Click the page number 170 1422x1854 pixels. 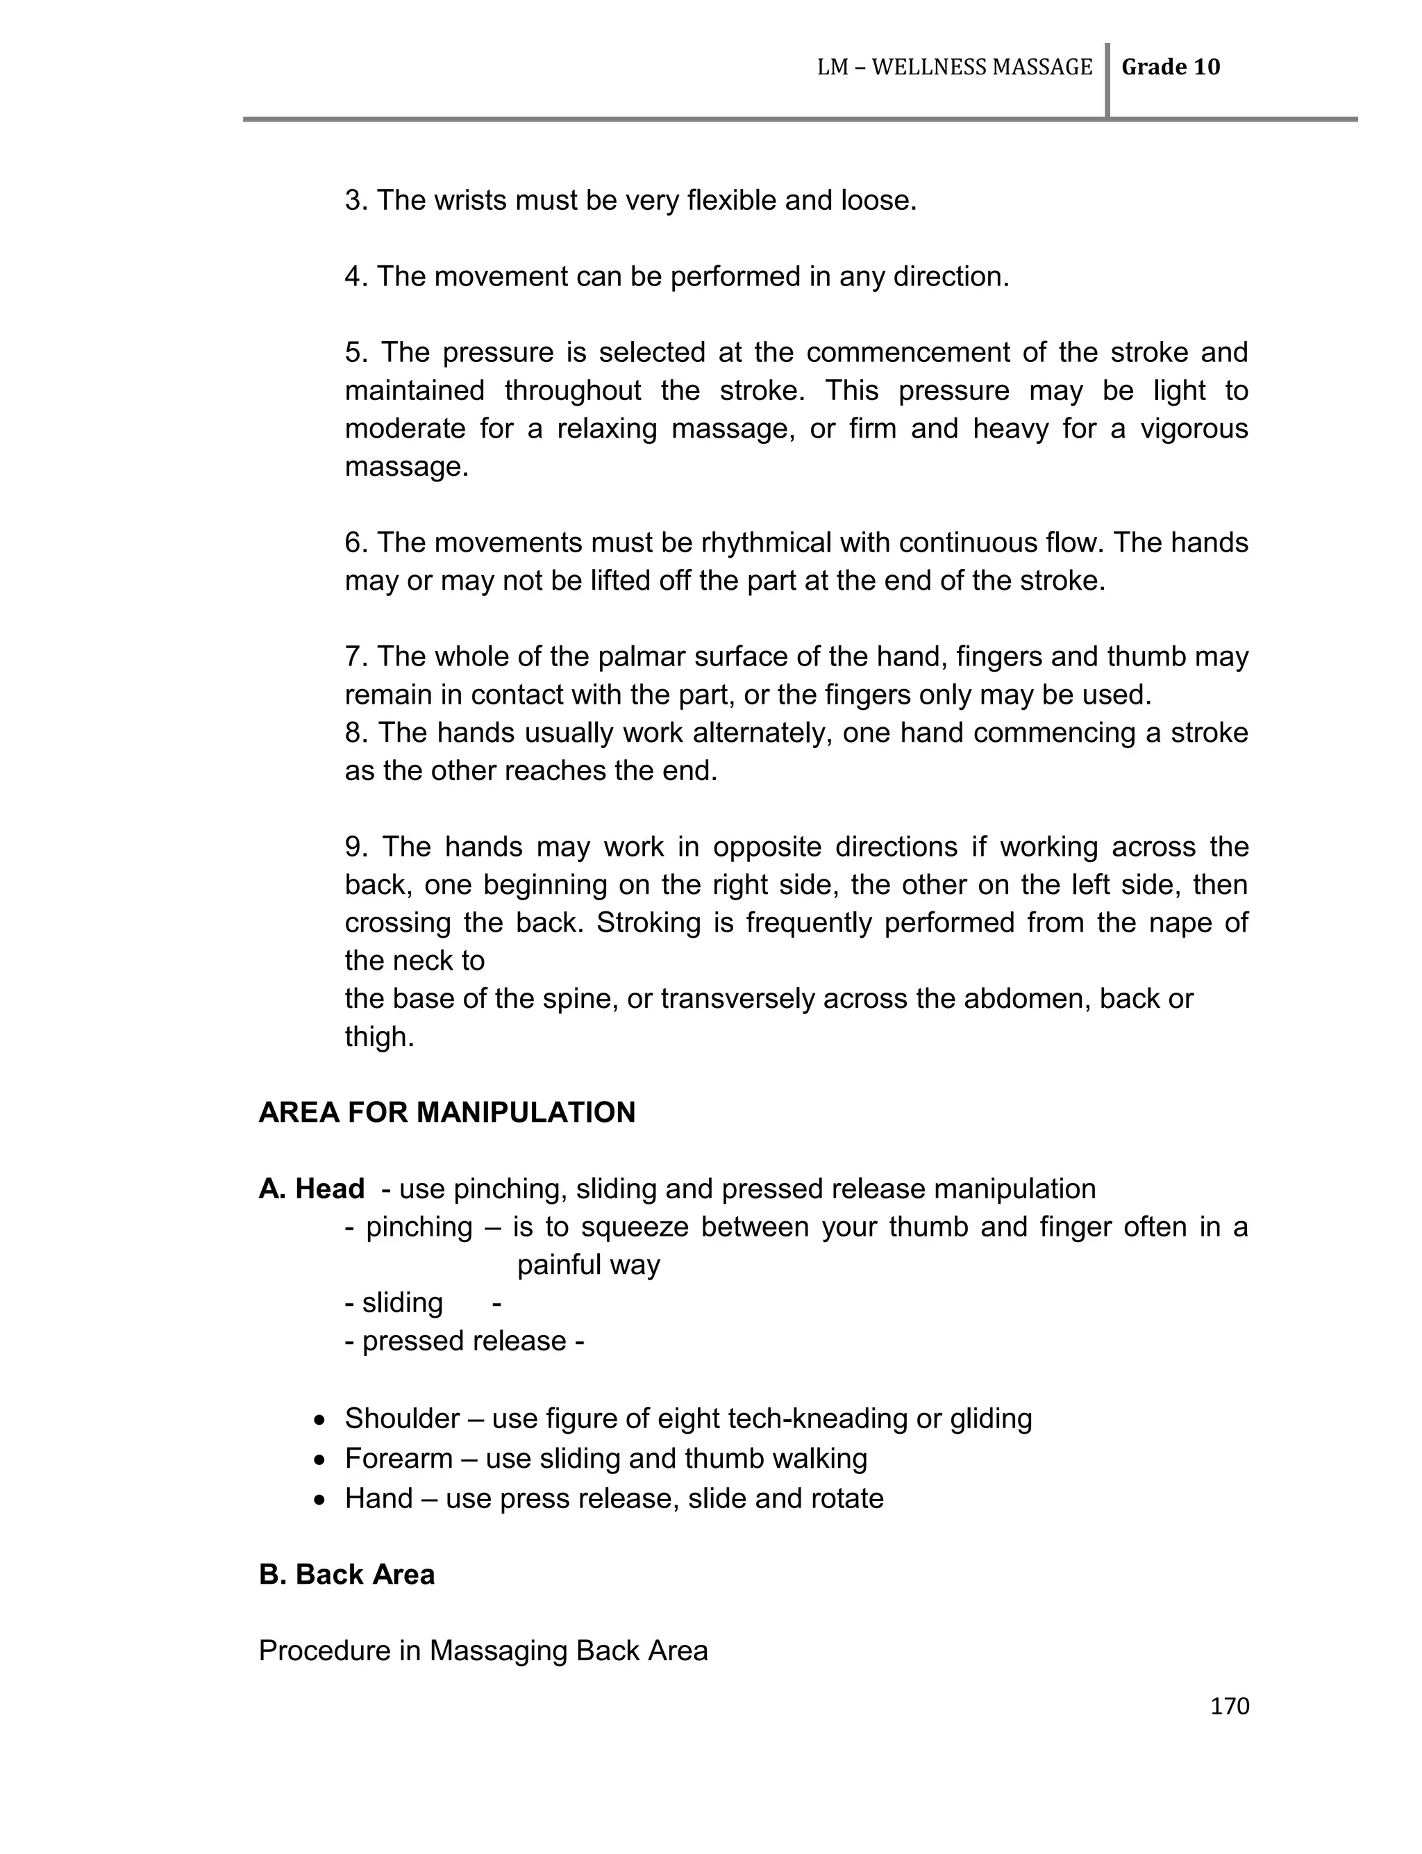pos(1229,1706)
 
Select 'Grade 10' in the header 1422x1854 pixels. pos(1171,67)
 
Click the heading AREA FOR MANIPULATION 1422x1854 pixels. pos(447,1112)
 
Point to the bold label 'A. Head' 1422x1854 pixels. pos(312,1189)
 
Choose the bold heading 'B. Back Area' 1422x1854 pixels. pos(346,1575)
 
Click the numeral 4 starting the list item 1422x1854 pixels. pos(353,277)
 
